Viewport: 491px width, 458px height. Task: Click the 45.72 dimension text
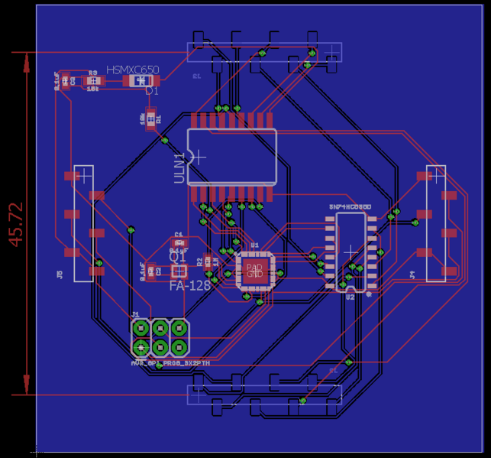(x=16, y=224)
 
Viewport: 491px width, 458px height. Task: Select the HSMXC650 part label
(x=133, y=70)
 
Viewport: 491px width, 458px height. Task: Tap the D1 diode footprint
(x=139, y=80)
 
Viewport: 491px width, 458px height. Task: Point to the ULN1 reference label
(x=180, y=167)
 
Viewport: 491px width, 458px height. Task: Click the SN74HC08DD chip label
(x=350, y=207)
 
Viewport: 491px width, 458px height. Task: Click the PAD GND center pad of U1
(x=254, y=270)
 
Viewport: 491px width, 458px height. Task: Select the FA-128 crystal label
(x=189, y=285)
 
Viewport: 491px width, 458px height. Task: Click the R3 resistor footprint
(x=93, y=80)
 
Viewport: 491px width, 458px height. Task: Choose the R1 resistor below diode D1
(x=150, y=118)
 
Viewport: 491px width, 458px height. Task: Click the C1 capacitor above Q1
(x=179, y=242)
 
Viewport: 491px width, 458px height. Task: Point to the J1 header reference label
(x=135, y=314)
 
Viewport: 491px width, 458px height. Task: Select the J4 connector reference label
(x=412, y=273)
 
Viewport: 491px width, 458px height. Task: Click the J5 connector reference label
(x=60, y=273)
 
